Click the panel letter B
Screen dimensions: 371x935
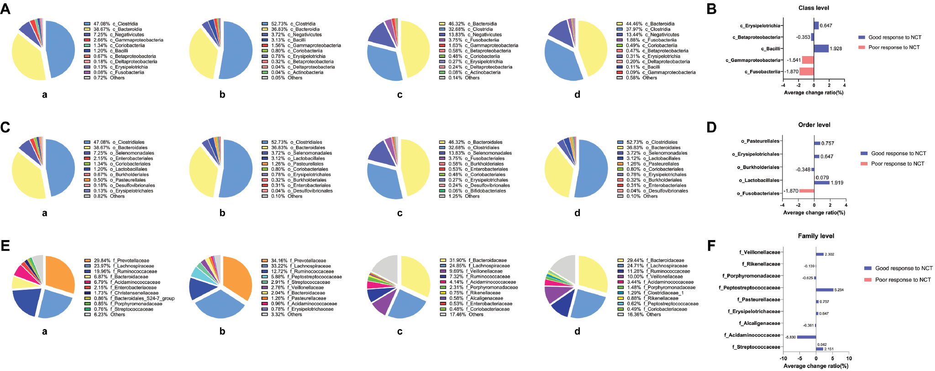click(x=711, y=9)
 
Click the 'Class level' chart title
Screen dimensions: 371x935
click(x=814, y=8)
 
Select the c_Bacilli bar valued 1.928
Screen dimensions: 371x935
click(x=821, y=48)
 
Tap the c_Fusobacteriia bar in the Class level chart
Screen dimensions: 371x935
click(x=806, y=72)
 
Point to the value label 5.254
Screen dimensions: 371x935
click(x=839, y=290)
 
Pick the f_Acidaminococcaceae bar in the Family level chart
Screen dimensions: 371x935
click(x=806, y=337)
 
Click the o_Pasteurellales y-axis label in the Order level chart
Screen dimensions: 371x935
click(x=760, y=141)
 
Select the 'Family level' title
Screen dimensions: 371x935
click(x=816, y=236)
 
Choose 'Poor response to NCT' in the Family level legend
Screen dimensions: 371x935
click(x=903, y=280)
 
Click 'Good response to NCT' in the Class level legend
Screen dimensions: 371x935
click(x=894, y=37)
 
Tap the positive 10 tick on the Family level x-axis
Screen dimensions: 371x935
click(x=849, y=358)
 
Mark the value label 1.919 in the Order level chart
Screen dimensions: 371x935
click(x=837, y=183)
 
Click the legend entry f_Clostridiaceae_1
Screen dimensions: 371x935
click(x=663, y=293)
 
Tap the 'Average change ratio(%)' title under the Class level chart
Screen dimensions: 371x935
click(x=814, y=93)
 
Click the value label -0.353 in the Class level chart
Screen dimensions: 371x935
click(x=803, y=37)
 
